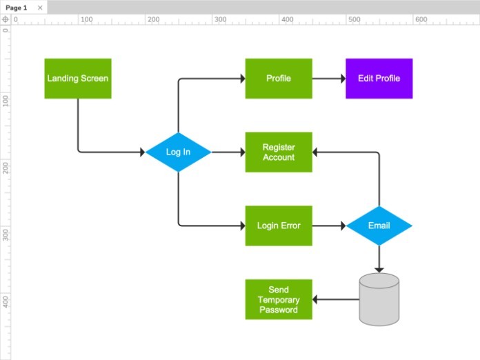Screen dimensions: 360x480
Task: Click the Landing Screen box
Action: pos(77,79)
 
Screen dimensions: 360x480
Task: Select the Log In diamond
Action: pos(178,152)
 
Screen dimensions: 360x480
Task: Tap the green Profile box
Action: pos(279,79)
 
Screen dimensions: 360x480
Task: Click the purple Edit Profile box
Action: pos(379,79)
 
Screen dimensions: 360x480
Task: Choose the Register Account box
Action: pos(279,152)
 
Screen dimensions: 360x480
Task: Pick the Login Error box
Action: pos(279,226)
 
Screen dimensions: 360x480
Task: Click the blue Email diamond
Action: pos(379,226)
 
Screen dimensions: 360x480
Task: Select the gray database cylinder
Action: pos(379,299)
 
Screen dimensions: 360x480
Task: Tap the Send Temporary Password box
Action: pos(279,299)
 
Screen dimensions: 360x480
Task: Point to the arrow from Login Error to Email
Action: pos(329,226)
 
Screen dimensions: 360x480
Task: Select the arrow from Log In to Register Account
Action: pos(228,152)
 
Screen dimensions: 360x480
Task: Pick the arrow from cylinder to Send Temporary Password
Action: pos(336,299)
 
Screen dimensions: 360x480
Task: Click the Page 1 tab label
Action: pos(17,8)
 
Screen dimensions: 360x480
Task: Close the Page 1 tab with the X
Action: pos(40,8)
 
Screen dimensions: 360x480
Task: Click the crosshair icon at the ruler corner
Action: pos(6,19)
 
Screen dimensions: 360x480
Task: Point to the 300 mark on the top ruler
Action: pos(219,19)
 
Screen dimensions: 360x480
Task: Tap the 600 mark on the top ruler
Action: pos(421,19)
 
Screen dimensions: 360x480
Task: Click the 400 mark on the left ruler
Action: pos(6,301)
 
